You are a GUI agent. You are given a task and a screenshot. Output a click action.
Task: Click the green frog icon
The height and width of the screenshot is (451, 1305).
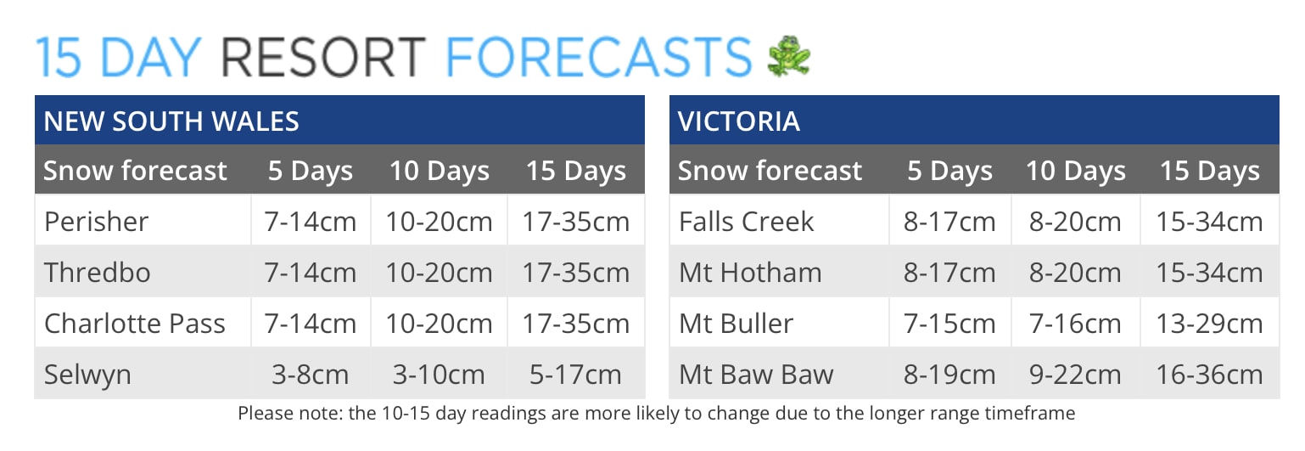tap(789, 56)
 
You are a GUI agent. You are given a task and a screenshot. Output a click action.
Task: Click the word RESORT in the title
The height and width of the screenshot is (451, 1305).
tap(323, 57)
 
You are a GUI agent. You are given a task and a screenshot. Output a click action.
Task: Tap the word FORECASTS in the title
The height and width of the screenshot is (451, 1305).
tap(599, 57)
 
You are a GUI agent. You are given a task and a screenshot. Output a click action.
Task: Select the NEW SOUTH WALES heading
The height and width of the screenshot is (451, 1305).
tap(171, 121)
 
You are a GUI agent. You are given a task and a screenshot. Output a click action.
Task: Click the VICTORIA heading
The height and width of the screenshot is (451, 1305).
tap(739, 121)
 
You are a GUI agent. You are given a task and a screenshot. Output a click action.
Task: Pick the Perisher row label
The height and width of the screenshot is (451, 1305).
tap(96, 222)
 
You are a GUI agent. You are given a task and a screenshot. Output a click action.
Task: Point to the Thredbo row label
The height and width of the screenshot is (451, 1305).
tap(98, 273)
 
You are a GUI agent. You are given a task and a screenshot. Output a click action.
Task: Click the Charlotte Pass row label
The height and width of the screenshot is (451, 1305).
tap(135, 324)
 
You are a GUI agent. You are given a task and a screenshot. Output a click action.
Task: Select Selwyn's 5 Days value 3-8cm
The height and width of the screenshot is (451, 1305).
tap(311, 375)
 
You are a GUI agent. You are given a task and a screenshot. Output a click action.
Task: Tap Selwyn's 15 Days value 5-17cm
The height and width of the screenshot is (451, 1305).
tap(575, 375)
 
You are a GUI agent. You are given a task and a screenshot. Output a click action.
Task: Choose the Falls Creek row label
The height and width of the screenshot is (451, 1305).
tap(747, 222)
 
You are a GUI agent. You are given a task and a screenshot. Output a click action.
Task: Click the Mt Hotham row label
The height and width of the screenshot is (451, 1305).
tap(750, 273)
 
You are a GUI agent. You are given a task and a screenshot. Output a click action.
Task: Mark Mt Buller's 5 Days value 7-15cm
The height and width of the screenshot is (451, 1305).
tap(949, 324)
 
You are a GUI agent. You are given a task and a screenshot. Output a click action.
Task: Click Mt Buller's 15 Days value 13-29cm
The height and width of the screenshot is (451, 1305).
tap(1209, 324)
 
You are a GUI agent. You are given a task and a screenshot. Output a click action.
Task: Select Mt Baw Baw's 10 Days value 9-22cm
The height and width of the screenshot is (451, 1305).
tap(1075, 375)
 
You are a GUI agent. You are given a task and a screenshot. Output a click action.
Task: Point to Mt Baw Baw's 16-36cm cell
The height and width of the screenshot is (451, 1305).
tap(1209, 375)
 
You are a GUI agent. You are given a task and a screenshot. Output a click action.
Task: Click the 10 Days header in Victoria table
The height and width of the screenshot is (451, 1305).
tap(1075, 172)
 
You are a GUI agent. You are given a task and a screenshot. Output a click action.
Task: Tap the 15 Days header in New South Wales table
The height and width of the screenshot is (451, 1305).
tap(576, 172)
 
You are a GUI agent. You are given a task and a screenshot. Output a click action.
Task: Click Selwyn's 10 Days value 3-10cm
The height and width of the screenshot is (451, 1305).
tap(439, 375)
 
